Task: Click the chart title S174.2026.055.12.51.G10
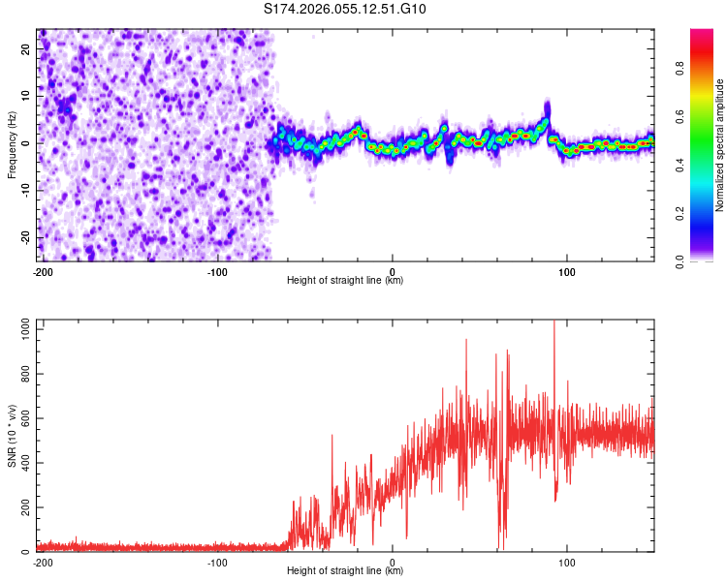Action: (345, 10)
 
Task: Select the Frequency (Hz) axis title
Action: (12, 144)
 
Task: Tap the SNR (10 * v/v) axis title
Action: (12, 436)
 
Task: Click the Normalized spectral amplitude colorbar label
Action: (720, 144)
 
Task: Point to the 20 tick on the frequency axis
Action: (27, 50)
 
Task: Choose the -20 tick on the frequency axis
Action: (25, 237)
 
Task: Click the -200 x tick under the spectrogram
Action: (42, 270)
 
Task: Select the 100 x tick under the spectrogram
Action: (568, 270)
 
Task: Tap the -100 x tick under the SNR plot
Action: (217, 561)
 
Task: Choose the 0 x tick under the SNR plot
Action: (393, 561)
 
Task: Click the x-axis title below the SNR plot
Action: (345, 571)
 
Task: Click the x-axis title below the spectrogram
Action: (345, 281)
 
